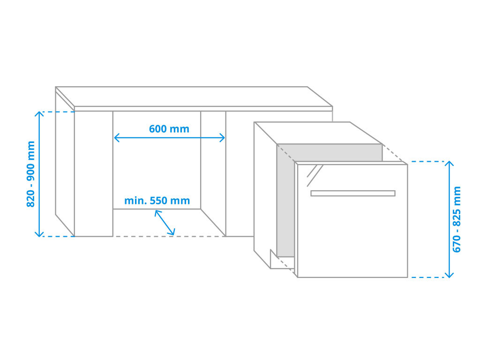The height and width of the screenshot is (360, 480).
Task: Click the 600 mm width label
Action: tap(169, 129)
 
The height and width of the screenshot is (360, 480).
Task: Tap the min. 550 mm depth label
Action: tap(157, 201)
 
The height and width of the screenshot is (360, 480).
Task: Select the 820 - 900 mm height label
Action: tap(31, 174)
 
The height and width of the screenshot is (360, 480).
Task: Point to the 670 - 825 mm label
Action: tap(457, 219)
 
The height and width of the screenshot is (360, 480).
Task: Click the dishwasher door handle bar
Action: tap(353, 193)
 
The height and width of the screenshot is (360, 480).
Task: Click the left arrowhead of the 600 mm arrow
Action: tap(117, 138)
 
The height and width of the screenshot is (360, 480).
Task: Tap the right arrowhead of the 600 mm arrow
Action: tap(222, 138)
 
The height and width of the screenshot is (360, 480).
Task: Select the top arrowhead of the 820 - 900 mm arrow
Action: tap(39, 114)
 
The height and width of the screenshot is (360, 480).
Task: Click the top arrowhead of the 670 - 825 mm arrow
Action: tap(449, 164)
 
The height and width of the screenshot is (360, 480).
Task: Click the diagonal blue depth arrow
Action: tap(165, 223)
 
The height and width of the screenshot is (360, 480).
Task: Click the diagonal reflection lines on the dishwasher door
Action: tap(315, 175)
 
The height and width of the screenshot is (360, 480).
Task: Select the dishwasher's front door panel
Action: tap(352, 221)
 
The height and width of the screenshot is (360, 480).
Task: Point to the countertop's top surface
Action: tap(194, 97)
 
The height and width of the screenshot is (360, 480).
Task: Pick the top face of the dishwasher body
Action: tap(318, 133)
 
